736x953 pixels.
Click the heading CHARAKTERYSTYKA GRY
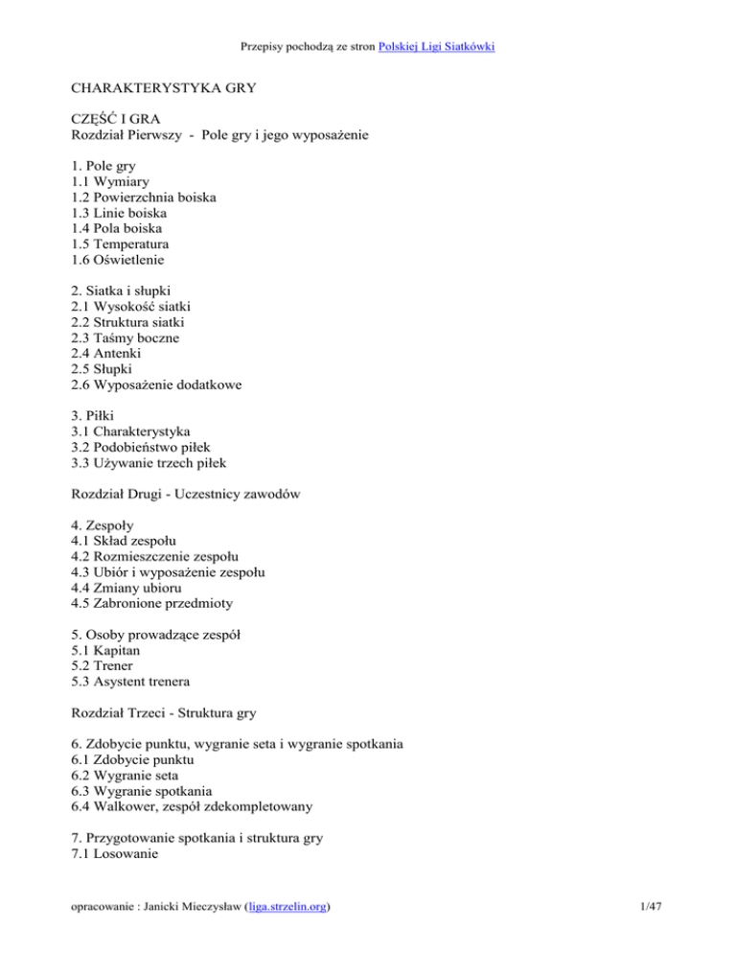(x=159, y=90)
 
